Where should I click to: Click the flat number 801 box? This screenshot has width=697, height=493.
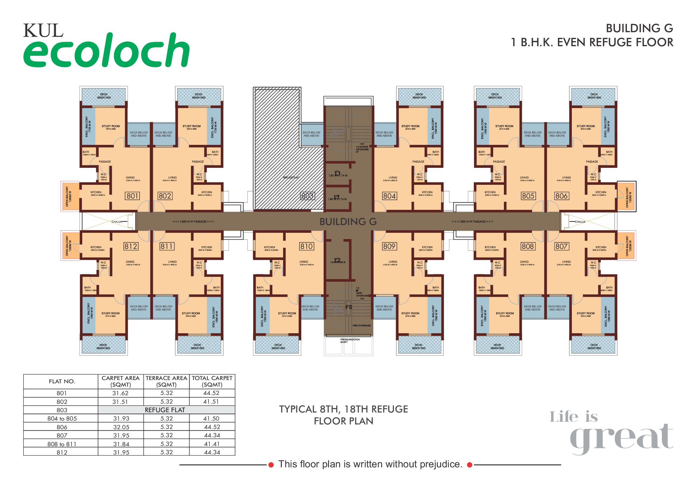132,196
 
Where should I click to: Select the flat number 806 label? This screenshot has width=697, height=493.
561,196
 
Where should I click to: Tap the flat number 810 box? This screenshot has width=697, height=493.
306,247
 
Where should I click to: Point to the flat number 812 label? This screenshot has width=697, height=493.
131,247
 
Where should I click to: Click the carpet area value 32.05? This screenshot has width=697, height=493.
121,427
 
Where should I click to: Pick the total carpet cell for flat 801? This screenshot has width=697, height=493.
212,393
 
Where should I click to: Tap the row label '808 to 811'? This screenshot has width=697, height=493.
62,444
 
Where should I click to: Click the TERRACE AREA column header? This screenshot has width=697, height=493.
166,382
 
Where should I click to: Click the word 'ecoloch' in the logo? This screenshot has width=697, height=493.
106,51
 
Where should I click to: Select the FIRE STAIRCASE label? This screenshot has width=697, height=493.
361,326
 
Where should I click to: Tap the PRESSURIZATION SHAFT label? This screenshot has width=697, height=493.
350,341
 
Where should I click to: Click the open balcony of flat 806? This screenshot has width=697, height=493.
627,197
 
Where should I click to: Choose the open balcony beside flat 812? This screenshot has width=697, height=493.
70,246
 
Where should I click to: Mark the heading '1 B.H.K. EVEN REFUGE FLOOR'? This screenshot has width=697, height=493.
592,43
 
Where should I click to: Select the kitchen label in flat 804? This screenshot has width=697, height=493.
427,193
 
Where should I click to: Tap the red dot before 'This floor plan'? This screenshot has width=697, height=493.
271,465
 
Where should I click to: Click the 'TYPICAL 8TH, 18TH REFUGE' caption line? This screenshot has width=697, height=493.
343,409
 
